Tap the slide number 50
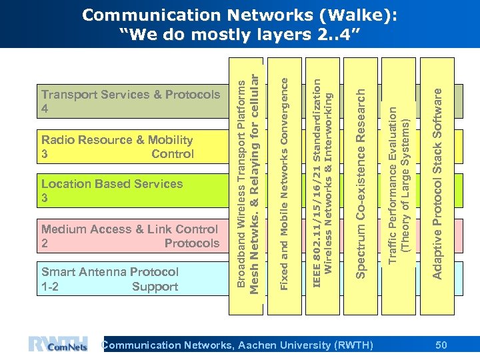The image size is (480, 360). tap(441, 345)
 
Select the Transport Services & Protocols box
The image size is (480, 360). tap(130, 101)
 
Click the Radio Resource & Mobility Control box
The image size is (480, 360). tap(130, 147)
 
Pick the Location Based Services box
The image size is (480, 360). tap(130, 191)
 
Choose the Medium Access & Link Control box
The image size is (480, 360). tap(130, 236)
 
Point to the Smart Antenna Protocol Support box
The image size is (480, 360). tap(130, 279)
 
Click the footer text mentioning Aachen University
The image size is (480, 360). tap(237, 345)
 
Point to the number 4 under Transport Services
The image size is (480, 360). tap(45, 109)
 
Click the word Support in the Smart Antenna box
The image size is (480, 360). tap(155, 287)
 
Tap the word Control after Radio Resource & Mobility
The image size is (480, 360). tap(172, 154)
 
